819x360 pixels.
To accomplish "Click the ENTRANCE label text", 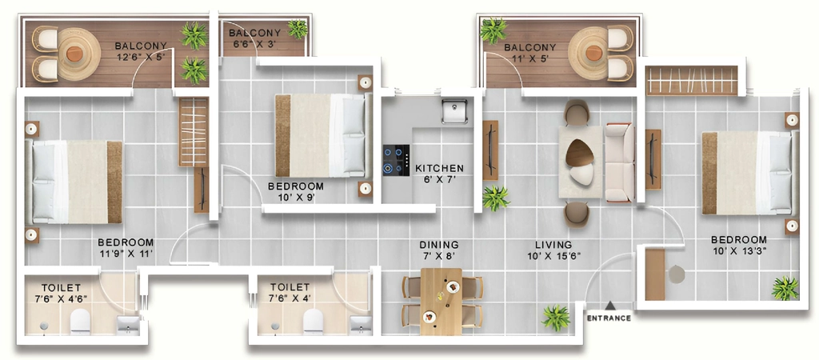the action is tap(609, 318).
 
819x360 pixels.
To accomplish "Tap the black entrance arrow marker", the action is tap(609, 306).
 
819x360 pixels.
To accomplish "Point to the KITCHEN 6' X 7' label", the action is tap(439, 174).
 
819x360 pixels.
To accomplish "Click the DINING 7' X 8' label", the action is tap(439, 250).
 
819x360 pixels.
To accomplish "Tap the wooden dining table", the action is tap(441, 302).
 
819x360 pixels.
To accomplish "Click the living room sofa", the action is tap(620, 162).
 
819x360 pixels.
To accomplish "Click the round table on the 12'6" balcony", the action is tap(74, 54).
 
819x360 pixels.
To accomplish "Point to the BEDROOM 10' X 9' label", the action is tap(296, 192).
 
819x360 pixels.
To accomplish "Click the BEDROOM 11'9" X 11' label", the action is tap(126, 248).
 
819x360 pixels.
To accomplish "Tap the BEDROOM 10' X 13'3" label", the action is tap(739, 245).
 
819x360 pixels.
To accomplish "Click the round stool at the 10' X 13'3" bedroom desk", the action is tap(677, 274).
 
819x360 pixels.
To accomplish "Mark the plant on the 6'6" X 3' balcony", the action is tap(298, 29).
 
